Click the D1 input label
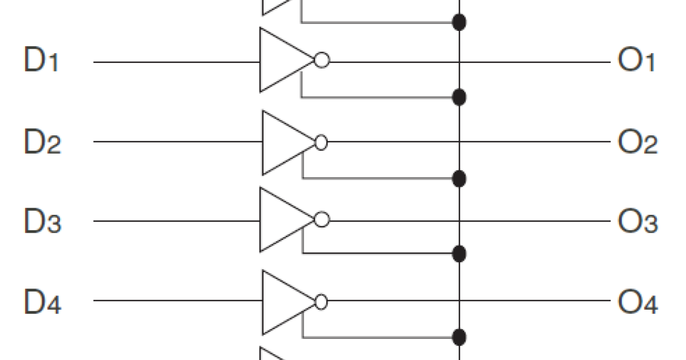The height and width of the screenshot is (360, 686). coord(41,61)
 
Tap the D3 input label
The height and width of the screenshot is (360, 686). coord(42,221)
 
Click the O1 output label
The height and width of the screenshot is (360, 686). coord(636,61)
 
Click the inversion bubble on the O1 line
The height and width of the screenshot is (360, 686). coord(322,61)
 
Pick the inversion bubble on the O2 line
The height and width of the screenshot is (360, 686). coord(321,142)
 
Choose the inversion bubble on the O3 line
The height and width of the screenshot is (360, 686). coord(322,220)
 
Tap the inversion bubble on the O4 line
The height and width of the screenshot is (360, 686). coord(321,302)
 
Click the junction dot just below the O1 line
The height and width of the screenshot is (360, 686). coord(458,97)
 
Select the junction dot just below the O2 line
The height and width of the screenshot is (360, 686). coord(458,179)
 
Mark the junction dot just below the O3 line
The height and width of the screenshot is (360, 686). coord(458,253)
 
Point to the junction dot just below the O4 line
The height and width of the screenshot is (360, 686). coord(458,337)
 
